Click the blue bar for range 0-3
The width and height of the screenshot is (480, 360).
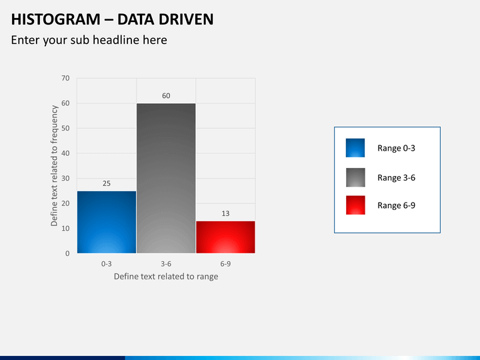coord(107,222)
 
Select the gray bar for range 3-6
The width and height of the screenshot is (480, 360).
coord(166,178)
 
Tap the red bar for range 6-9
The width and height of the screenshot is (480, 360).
coord(225,237)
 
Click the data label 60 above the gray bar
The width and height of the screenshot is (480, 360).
coord(166,96)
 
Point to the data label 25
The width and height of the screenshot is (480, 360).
coord(106,183)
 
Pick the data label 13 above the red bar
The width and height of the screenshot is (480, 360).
coord(225,213)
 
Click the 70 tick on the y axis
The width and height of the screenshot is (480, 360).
coord(65,79)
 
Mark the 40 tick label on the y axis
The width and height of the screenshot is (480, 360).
coord(65,153)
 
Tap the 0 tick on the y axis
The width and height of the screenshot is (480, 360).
coord(67,253)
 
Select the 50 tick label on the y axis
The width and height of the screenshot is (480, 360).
coord(65,129)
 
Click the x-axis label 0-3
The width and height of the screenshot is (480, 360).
coord(107,264)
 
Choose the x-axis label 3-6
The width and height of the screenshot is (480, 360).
coord(166,264)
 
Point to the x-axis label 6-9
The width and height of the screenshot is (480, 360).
coord(225,264)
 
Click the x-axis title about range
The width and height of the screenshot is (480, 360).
coord(166,277)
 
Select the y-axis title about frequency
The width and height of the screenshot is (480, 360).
coord(55,166)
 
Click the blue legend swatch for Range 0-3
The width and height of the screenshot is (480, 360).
coord(355,148)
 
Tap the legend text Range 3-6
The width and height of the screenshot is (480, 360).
coord(396,178)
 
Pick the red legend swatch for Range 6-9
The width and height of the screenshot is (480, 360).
coord(355,205)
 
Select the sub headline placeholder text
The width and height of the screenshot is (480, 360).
coord(89,40)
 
